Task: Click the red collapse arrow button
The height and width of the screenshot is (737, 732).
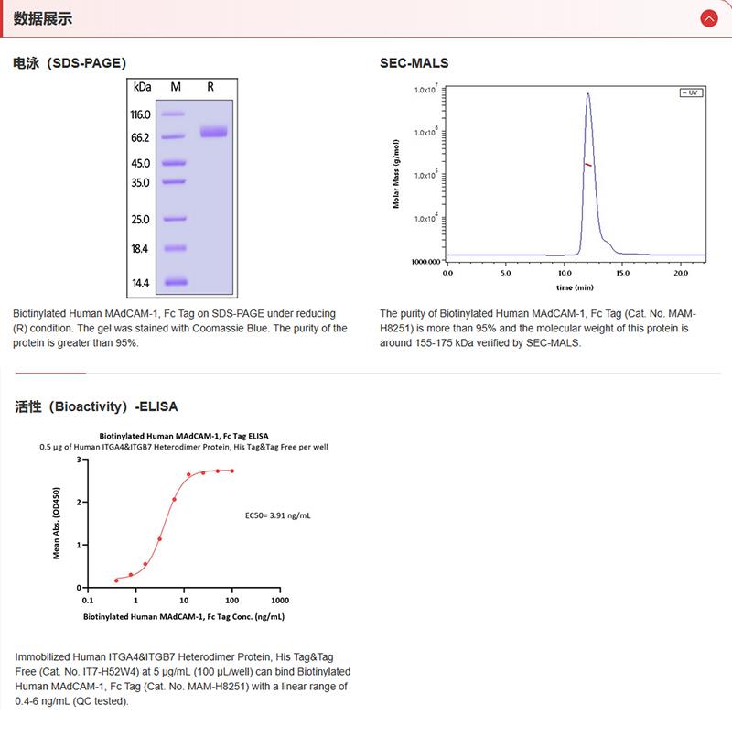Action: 708,18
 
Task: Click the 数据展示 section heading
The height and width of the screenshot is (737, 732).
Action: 43,18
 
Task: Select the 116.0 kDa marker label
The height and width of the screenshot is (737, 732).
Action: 140,114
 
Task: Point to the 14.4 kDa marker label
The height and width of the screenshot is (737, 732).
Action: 140,283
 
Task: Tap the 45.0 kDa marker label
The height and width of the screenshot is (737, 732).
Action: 140,163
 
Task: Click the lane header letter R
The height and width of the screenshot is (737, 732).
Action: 210,87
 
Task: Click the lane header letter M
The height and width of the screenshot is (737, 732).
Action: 176,87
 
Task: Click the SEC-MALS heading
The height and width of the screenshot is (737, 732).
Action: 414,63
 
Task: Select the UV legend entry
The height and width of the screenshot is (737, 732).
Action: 690,92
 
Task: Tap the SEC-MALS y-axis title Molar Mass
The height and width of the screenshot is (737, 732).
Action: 396,175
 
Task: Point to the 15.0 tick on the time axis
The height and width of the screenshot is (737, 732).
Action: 622,273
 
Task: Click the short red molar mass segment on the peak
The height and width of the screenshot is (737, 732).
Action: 588,165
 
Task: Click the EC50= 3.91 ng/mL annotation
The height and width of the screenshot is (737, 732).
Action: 278,515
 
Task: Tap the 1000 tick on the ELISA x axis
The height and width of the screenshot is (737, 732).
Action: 281,601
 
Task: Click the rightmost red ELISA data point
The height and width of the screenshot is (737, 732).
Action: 232,471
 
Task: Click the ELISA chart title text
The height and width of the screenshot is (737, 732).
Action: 184,436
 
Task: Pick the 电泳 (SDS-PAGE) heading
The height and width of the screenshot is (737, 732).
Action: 70,63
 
